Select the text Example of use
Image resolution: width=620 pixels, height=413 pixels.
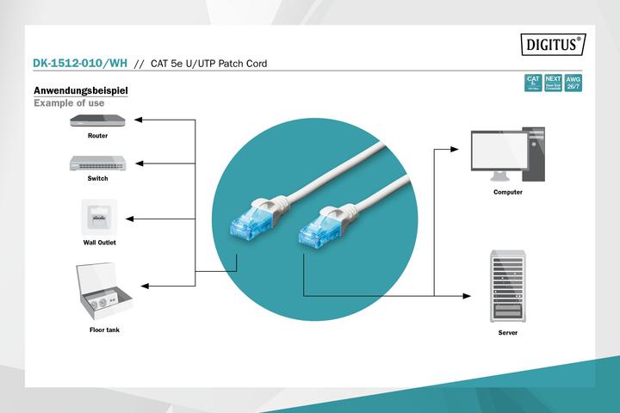point(69,103)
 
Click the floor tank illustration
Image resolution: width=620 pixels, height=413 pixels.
point(102,292)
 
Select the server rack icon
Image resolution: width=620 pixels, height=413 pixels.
point(507,284)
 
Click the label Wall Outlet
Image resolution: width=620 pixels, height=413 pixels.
point(100,243)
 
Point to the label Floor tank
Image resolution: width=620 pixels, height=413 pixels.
point(104,330)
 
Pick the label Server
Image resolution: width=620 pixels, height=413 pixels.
point(508,331)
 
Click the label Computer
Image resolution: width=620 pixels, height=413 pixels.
point(508,192)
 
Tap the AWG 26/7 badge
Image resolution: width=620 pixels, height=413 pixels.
point(573,83)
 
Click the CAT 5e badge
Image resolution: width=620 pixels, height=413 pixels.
point(532,83)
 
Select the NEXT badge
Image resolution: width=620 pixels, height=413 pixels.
point(553,83)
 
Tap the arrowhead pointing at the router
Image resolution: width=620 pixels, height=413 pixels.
point(141,120)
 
